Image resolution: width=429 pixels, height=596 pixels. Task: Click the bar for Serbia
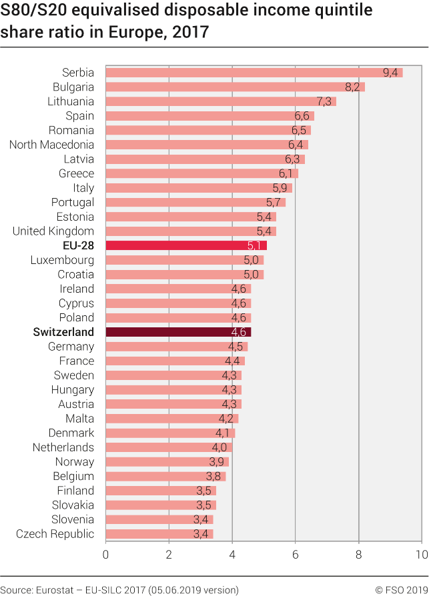[254, 73]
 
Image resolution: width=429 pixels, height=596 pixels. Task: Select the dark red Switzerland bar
[178, 332]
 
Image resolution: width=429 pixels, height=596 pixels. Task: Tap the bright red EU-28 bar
[186, 245]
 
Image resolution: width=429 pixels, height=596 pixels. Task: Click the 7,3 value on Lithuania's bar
[325, 101]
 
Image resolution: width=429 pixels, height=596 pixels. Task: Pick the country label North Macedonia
[51, 145]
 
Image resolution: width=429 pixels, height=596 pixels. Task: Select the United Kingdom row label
[53, 231]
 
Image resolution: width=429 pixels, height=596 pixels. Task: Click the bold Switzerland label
[63, 332]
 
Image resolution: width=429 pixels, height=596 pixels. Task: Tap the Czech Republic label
[55, 534]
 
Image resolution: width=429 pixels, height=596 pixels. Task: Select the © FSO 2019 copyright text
[398, 589]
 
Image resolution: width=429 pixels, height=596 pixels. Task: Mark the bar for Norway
[167, 462]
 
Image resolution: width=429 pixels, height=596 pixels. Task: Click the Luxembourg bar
[184, 260]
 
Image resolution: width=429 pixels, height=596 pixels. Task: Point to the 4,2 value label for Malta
[227, 419]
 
